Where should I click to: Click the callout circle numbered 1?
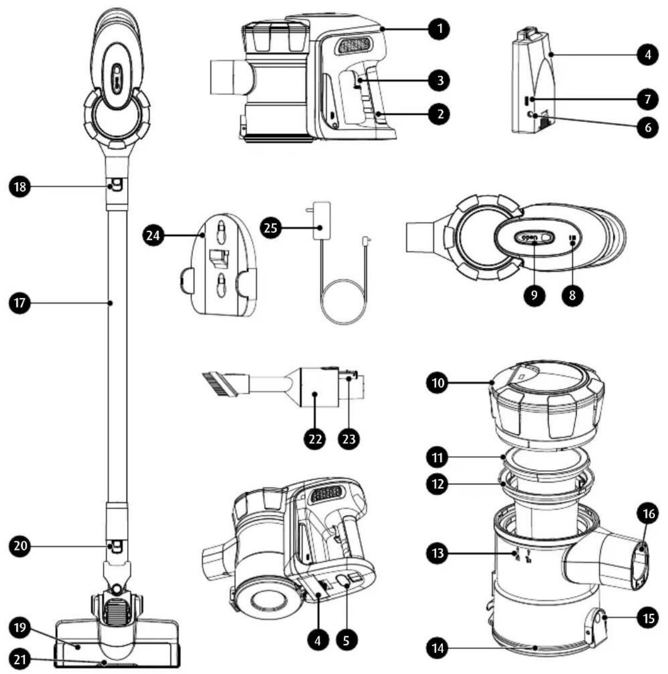click(x=438, y=29)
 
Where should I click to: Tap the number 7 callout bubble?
click(x=648, y=99)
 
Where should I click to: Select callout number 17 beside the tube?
click(x=20, y=303)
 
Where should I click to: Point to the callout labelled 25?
click(x=270, y=228)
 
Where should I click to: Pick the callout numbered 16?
click(x=648, y=514)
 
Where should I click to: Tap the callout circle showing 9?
click(x=534, y=295)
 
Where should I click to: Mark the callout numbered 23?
click(x=349, y=439)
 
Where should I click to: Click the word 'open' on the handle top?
click(x=529, y=237)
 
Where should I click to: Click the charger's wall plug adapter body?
click(x=321, y=220)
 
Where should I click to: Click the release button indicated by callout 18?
click(x=116, y=185)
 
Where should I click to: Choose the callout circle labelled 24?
click(x=153, y=235)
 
